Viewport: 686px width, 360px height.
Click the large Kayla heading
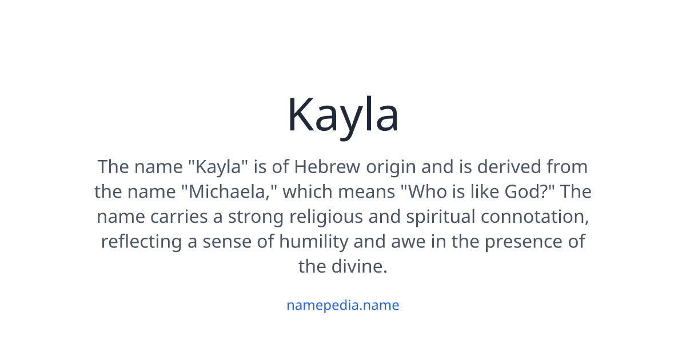pos(342,115)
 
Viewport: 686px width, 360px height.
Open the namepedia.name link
pos(342,305)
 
